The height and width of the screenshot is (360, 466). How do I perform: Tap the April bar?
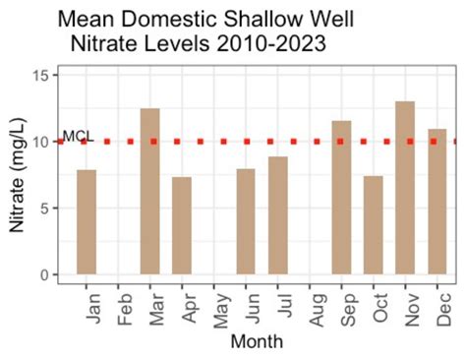click(182, 226)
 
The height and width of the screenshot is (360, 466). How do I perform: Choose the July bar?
click(277, 215)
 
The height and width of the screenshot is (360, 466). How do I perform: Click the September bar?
click(341, 198)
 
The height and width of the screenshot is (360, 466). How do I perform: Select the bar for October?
click(373, 225)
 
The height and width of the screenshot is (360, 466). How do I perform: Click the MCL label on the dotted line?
click(77, 136)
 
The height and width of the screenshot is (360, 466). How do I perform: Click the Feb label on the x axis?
click(120, 307)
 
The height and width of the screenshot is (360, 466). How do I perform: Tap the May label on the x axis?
click(215, 307)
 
